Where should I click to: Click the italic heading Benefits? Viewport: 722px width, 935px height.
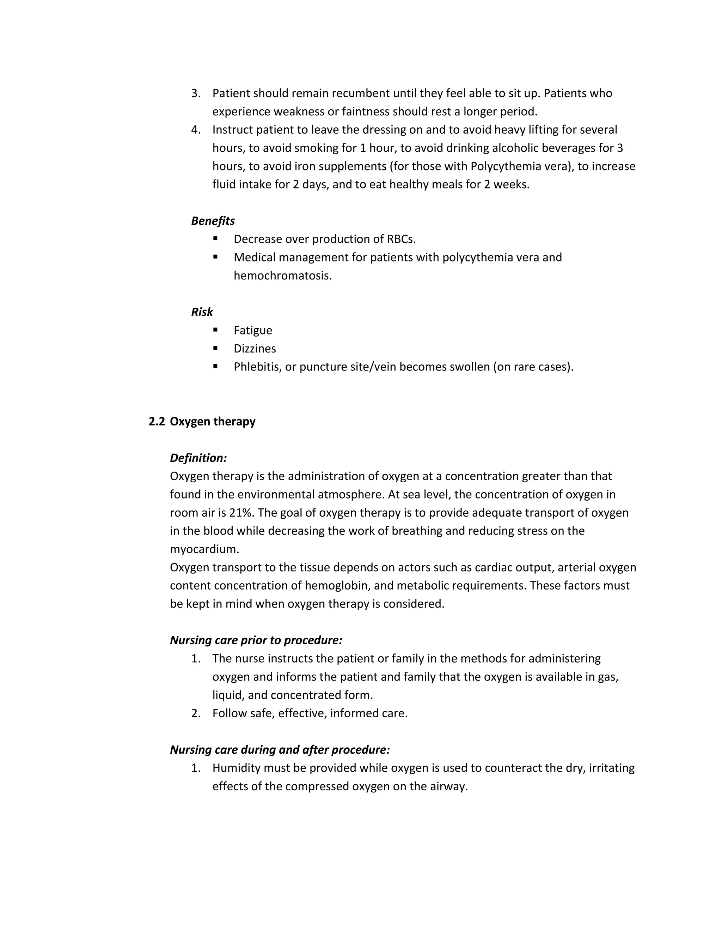pos(213,221)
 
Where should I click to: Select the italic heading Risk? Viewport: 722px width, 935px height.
pos(202,312)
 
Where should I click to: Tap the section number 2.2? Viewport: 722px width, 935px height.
pos(157,422)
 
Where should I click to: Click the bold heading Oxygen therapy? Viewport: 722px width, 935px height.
pos(213,422)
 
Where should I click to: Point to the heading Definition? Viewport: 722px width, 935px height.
pos(198,458)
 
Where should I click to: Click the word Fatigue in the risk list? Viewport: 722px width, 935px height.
pos(253,331)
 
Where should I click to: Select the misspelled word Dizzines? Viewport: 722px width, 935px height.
pos(255,349)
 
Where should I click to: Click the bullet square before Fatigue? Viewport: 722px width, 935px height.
pos(215,330)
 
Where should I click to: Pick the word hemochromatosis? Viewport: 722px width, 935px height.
pos(282,276)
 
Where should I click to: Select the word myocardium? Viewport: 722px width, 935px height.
pos(204,549)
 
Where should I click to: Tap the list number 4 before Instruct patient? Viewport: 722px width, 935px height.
pos(195,130)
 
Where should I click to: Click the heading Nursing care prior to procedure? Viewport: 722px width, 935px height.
pos(256,640)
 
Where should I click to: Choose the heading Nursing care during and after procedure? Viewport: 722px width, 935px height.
pos(280,750)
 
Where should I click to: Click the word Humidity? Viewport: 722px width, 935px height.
pos(237,768)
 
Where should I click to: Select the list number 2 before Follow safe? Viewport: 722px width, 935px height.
pos(195,713)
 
